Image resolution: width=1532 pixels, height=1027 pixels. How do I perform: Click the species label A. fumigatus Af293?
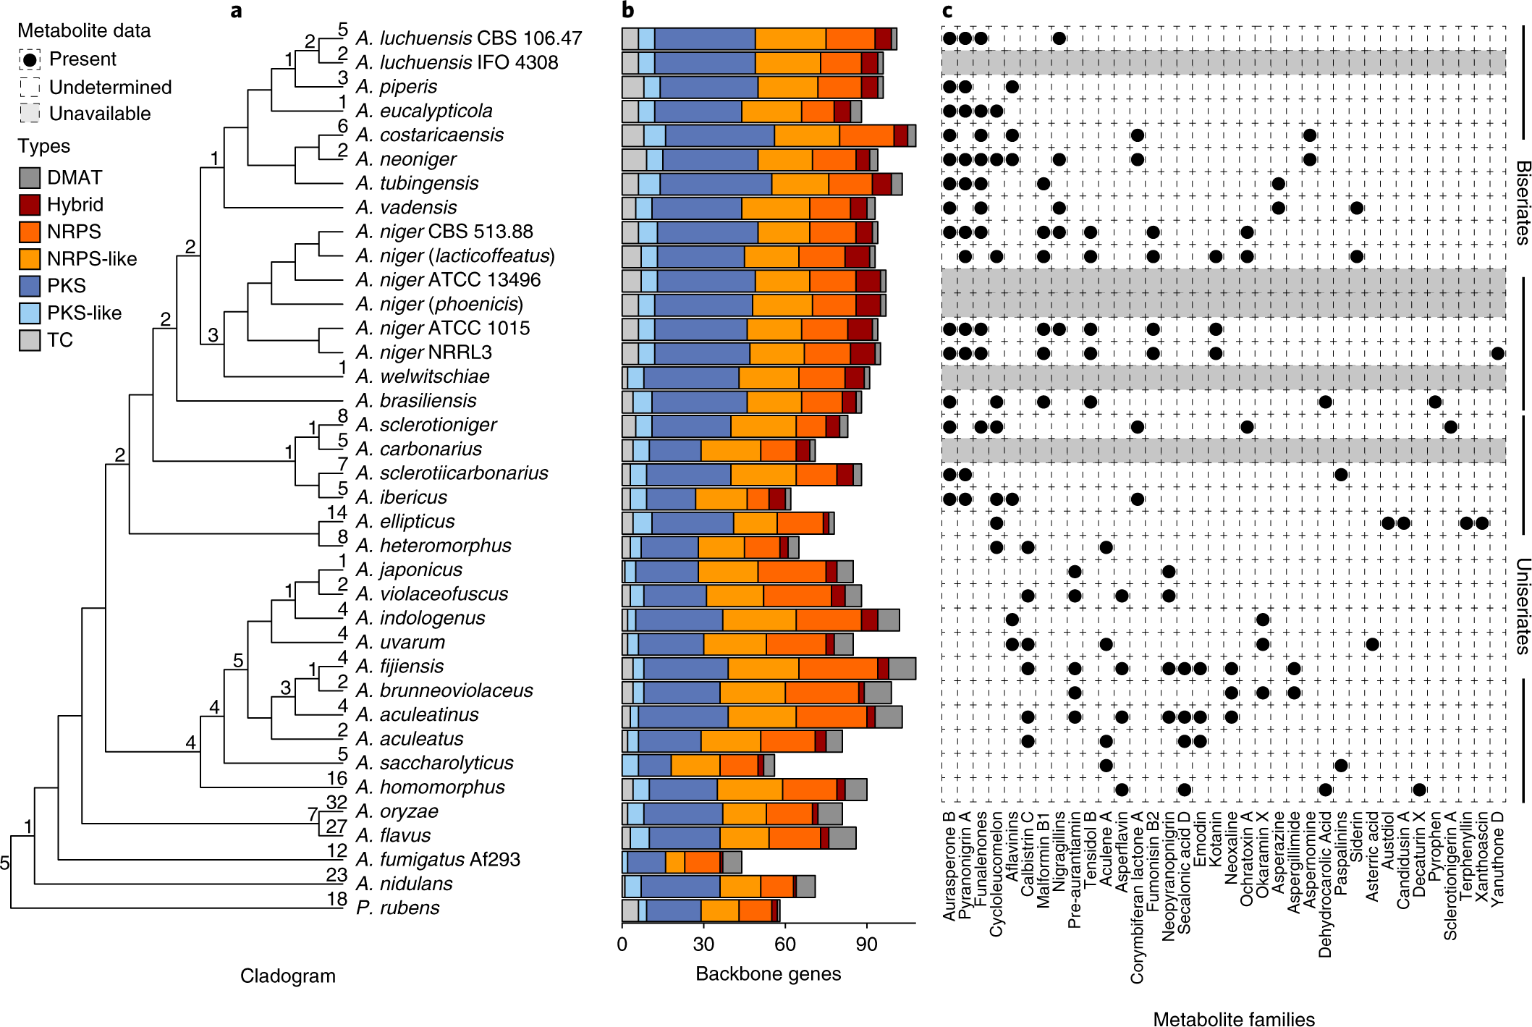pos(438,859)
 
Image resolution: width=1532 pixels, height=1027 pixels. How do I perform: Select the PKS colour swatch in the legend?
pos(30,286)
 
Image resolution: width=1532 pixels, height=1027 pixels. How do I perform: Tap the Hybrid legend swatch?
pos(30,205)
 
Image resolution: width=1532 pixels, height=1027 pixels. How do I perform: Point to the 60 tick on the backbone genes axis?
pos(784,944)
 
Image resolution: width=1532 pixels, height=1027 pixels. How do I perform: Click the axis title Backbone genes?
pos(768,973)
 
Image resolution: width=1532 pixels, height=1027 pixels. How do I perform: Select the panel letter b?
pos(627,10)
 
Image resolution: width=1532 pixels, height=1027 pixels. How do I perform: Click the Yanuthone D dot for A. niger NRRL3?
pos(1497,353)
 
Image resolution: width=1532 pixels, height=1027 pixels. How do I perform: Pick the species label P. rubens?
pos(397,908)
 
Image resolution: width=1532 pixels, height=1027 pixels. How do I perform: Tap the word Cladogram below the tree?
pos(287,976)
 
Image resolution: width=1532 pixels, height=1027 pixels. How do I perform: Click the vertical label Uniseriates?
pos(1522,606)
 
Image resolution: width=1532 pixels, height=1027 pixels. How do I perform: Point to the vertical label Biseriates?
pos(1522,203)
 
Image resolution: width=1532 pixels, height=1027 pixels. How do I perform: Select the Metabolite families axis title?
pos(1233,1018)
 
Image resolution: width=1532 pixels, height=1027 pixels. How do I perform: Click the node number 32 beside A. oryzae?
pos(337,802)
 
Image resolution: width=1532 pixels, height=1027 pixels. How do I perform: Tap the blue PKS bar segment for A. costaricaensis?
pos(719,135)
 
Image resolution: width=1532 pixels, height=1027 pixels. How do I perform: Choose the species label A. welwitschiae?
pos(423,376)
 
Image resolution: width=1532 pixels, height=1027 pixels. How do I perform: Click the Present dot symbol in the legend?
pos(30,59)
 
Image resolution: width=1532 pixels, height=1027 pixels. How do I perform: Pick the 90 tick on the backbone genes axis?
pos(866,944)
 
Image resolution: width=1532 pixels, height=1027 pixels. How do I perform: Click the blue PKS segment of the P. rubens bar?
pos(674,910)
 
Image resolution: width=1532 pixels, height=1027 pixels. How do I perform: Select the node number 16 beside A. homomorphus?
pos(337,778)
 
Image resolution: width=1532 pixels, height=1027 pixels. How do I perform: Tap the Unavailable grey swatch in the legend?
pos(30,114)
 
